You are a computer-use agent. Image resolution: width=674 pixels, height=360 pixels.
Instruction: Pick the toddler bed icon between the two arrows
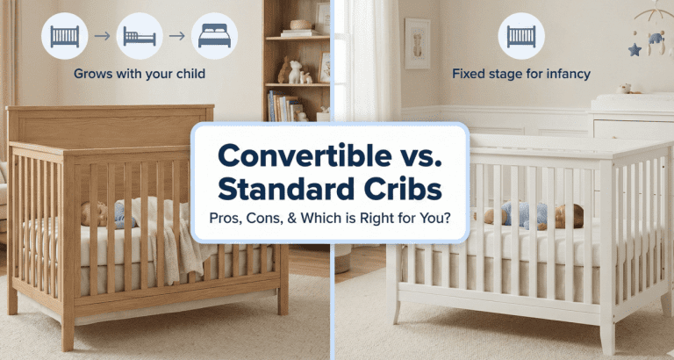point(139,36)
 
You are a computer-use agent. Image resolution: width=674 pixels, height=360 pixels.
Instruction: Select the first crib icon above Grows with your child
point(64,36)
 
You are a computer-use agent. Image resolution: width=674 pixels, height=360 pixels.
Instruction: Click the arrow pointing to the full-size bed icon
point(176,36)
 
